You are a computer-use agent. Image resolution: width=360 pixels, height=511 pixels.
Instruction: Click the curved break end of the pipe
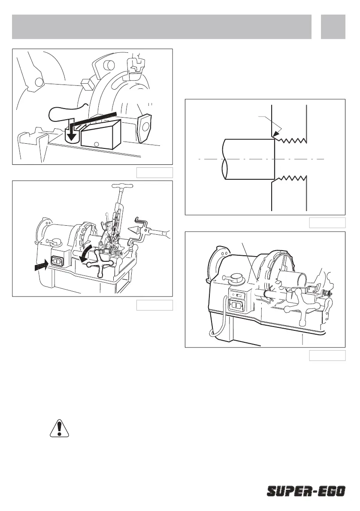[224, 159]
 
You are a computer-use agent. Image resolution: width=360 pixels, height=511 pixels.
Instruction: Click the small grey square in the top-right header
[333, 27]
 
